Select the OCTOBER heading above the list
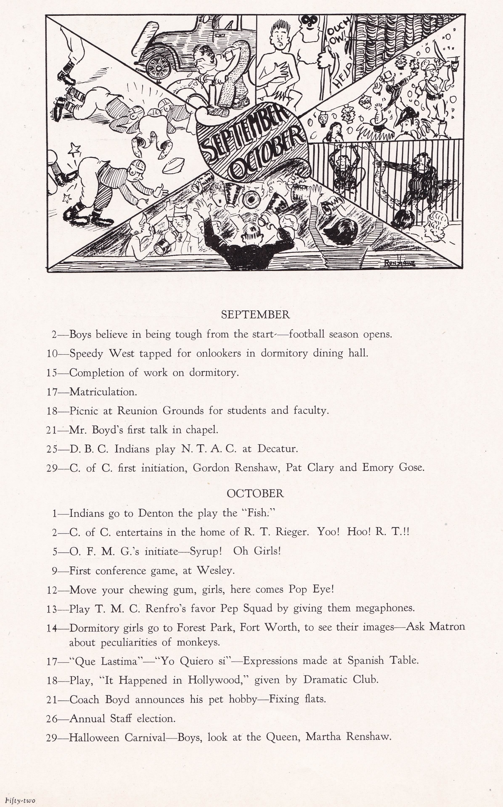pos(255,493)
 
